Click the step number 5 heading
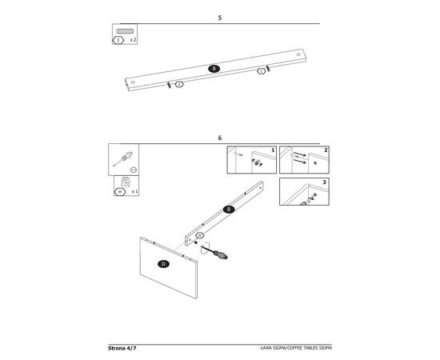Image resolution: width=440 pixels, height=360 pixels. (x=220, y=18)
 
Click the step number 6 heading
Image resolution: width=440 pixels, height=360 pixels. (x=220, y=138)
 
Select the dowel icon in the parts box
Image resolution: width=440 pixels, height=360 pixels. (x=125, y=31)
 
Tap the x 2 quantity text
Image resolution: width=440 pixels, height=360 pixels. (x=133, y=40)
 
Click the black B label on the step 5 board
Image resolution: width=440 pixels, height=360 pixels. (x=214, y=69)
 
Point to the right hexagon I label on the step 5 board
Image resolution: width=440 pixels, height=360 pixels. (x=262, y=71)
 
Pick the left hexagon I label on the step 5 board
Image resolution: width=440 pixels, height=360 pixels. (x=179, y=84)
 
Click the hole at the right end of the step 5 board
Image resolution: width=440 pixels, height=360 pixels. (x=298, y=54)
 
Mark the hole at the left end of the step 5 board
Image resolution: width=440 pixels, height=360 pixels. (x=133, y=82)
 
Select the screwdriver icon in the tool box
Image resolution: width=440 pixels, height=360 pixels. (x=123, y=158)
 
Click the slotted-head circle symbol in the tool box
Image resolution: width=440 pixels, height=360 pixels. (x=134, y=170)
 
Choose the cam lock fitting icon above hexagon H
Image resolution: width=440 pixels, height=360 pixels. (x=126, y=182)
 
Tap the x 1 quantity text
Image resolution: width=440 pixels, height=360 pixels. (x=134, y=192)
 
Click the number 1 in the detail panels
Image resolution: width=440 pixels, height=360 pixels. (x=273, y=150)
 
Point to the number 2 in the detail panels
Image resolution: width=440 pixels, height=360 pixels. (x=326, y=150)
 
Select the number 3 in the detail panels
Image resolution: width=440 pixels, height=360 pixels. (x=324, y=182)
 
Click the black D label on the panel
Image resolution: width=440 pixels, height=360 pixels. (x=163, y=264)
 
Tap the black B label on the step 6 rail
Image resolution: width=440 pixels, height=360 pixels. (x=229, y=210)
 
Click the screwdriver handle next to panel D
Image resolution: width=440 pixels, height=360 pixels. (x=221, y=255)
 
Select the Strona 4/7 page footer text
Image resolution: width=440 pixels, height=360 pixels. (x=122, y=348)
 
